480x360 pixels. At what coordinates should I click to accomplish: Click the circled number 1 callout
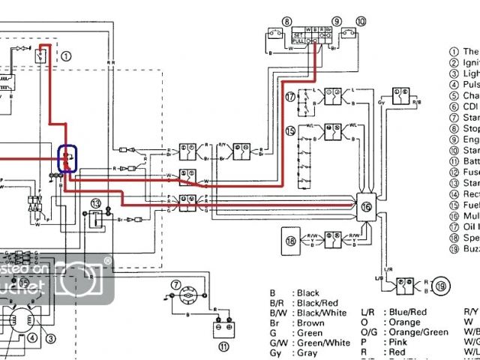tap(66, 55)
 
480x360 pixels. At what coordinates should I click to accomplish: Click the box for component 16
tap(366, 206)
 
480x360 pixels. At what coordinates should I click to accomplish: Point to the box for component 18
tap(292, 241)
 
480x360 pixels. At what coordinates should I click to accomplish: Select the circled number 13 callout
tap(96, 203)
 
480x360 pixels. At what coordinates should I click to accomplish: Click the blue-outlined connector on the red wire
tap(67, 159)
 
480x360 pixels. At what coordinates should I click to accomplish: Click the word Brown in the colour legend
tap(310, 322)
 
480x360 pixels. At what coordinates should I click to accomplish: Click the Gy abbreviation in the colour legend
tap(277, 352)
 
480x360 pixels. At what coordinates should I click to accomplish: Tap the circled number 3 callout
tap(51, 338)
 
